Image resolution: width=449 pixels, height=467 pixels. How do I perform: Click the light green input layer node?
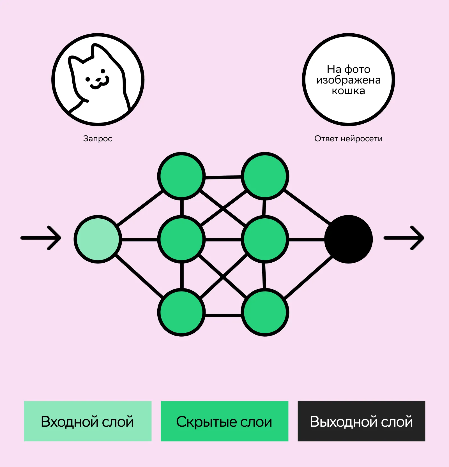pos(98,239)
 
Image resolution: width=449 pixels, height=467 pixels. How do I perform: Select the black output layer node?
pos(348,239)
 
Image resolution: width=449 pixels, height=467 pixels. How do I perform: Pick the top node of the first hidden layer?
pos(181,176)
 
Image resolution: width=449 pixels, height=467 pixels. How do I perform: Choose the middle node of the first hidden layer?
pos(181,239)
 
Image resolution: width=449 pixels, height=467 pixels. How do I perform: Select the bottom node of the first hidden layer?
pos(181,312)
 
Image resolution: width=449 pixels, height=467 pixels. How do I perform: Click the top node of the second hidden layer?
pos(265,176)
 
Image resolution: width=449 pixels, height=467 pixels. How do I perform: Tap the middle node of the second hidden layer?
pos(265,239)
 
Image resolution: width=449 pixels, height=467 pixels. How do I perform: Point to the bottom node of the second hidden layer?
pos(265,312)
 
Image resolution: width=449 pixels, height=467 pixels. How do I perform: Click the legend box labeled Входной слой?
pos(88,421)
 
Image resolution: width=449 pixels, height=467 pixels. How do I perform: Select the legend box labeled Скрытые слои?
pos(224,421)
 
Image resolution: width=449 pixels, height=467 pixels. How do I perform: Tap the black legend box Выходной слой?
pos(361,421)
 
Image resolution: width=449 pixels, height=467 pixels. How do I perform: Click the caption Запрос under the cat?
pos(98,138)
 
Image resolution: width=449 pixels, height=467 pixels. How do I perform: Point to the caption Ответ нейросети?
pos(348,138)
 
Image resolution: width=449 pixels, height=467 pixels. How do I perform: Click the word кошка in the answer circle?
pos(348,91)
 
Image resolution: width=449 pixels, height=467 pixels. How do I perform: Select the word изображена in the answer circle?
pos(348,80)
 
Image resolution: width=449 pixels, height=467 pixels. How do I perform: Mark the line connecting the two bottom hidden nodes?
pos(223,315)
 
